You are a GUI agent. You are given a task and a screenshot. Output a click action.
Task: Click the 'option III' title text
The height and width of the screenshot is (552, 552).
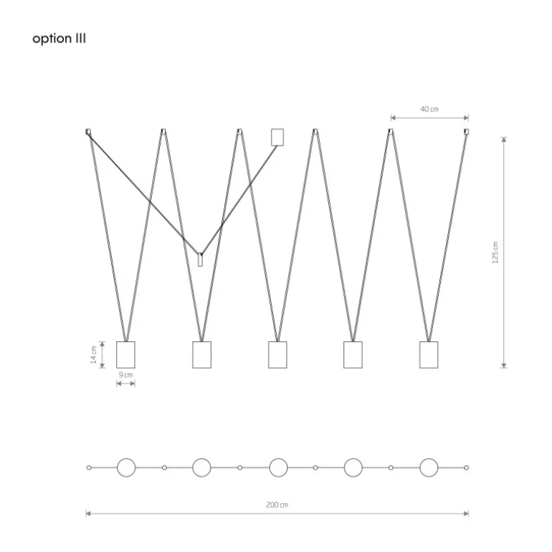(x=59, y=39)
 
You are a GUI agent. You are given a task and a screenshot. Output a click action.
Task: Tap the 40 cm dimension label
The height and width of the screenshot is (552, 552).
(x=429, y=109)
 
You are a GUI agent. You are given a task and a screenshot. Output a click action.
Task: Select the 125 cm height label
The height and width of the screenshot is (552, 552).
(x=495, y=252)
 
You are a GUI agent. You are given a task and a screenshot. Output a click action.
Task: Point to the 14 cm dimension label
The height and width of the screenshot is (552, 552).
(x=93, y=355)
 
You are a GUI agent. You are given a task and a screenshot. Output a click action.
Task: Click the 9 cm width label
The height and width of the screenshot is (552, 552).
(x=125, y=374)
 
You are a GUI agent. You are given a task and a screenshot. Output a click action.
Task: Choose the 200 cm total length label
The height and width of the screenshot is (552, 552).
(x=277, y=505)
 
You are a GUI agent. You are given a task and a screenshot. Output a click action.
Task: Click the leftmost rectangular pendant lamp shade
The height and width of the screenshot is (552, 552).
(x=125, y=355)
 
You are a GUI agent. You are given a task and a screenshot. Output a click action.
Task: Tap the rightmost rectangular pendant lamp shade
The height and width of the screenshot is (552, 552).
(x=429, y=355)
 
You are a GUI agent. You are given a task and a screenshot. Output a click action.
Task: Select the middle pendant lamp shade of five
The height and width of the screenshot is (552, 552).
(x=277, y=355)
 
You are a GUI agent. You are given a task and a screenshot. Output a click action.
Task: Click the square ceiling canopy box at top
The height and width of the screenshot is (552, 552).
(x=277, y=138)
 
